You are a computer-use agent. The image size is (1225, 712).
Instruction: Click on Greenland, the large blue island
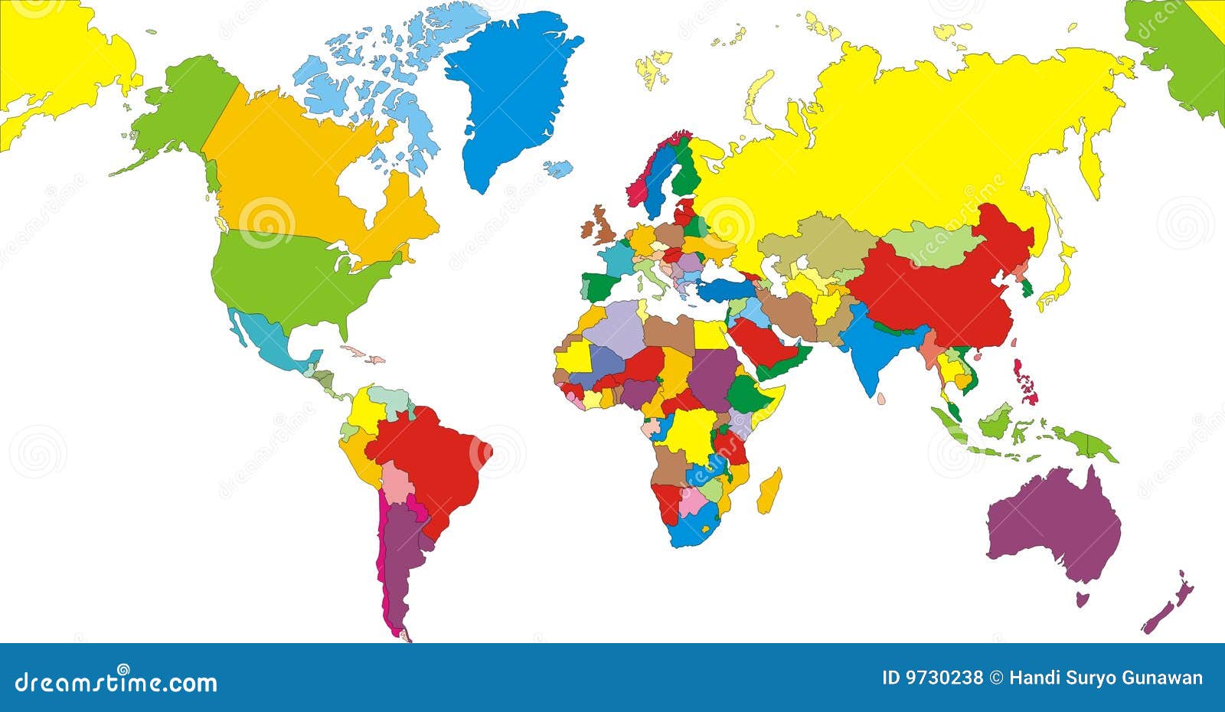pyautogui.click(x=509, y=92)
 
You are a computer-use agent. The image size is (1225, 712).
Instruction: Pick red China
pyautogui.click(x=934, y=291)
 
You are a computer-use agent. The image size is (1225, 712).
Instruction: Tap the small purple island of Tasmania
pyautogui.click(x=1083, y=598)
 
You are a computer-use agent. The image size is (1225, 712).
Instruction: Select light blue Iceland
pyautogui.click(x=559, y=168)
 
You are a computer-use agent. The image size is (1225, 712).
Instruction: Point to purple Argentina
pyautogui.click(x=402, y=559)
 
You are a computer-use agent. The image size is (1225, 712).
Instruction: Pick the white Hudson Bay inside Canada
pyautogui.click(x=360, y=184)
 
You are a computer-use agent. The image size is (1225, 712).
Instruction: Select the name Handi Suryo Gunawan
pyautogui.click(x=1106, y=678)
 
